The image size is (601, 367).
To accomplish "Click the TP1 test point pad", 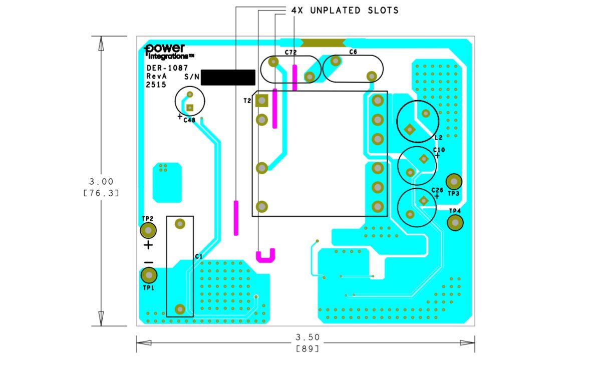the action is click(149, 275).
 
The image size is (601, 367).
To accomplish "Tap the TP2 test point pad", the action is click(148, 230).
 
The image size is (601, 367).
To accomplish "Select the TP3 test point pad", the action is click(454, 182).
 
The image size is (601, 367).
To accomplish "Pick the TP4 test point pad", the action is click(455, 223).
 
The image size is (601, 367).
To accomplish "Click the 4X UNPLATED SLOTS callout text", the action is click(345, 11).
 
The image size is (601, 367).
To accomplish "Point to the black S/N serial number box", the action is click(228, 78).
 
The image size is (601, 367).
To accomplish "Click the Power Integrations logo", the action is click(168, 51).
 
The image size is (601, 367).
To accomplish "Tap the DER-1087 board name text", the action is click(167, 68).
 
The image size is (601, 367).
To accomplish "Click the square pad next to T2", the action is click(262, 101).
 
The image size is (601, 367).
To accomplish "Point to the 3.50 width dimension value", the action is click(308, 337).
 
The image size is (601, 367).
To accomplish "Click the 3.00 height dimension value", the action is click(101, 182).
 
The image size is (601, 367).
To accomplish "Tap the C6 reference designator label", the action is click(353, 52).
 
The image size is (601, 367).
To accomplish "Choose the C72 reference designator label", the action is click(290, 52).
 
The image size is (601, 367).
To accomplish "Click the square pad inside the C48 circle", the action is click(190, 108).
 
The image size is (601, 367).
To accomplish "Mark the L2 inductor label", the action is click(438, 138).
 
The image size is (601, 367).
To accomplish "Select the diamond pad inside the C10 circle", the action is click(424, 159).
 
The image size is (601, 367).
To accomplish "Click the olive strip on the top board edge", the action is click(323, 43).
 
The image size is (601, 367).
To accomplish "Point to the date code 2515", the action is click(156, 85).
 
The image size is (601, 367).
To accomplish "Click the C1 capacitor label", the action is click(198, 256).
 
